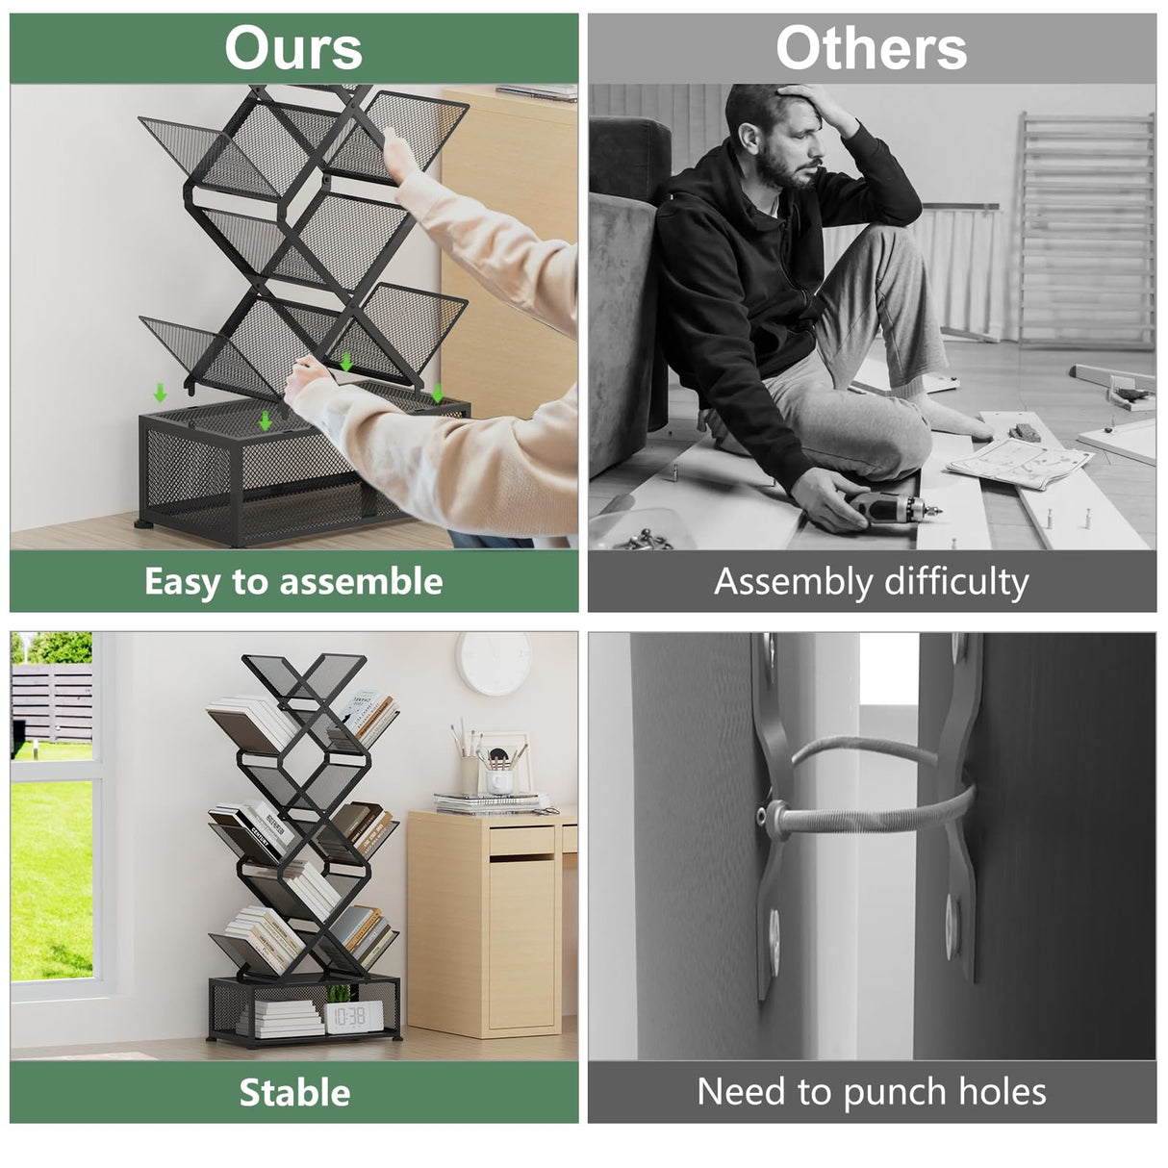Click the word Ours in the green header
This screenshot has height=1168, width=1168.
(293, 48)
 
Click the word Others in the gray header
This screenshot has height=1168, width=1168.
(871, 48)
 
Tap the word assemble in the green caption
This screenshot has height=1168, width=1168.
(361, 581)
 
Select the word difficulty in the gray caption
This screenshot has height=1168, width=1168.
(956, 582)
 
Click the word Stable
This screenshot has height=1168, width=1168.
(294, 1092)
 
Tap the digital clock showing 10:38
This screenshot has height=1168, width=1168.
(354, 1017)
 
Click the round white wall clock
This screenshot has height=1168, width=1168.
(494, 663)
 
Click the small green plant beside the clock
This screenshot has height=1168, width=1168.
(340, 994)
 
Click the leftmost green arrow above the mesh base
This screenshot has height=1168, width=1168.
(160, 393)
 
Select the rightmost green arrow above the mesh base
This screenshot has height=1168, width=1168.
(437, 393)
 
